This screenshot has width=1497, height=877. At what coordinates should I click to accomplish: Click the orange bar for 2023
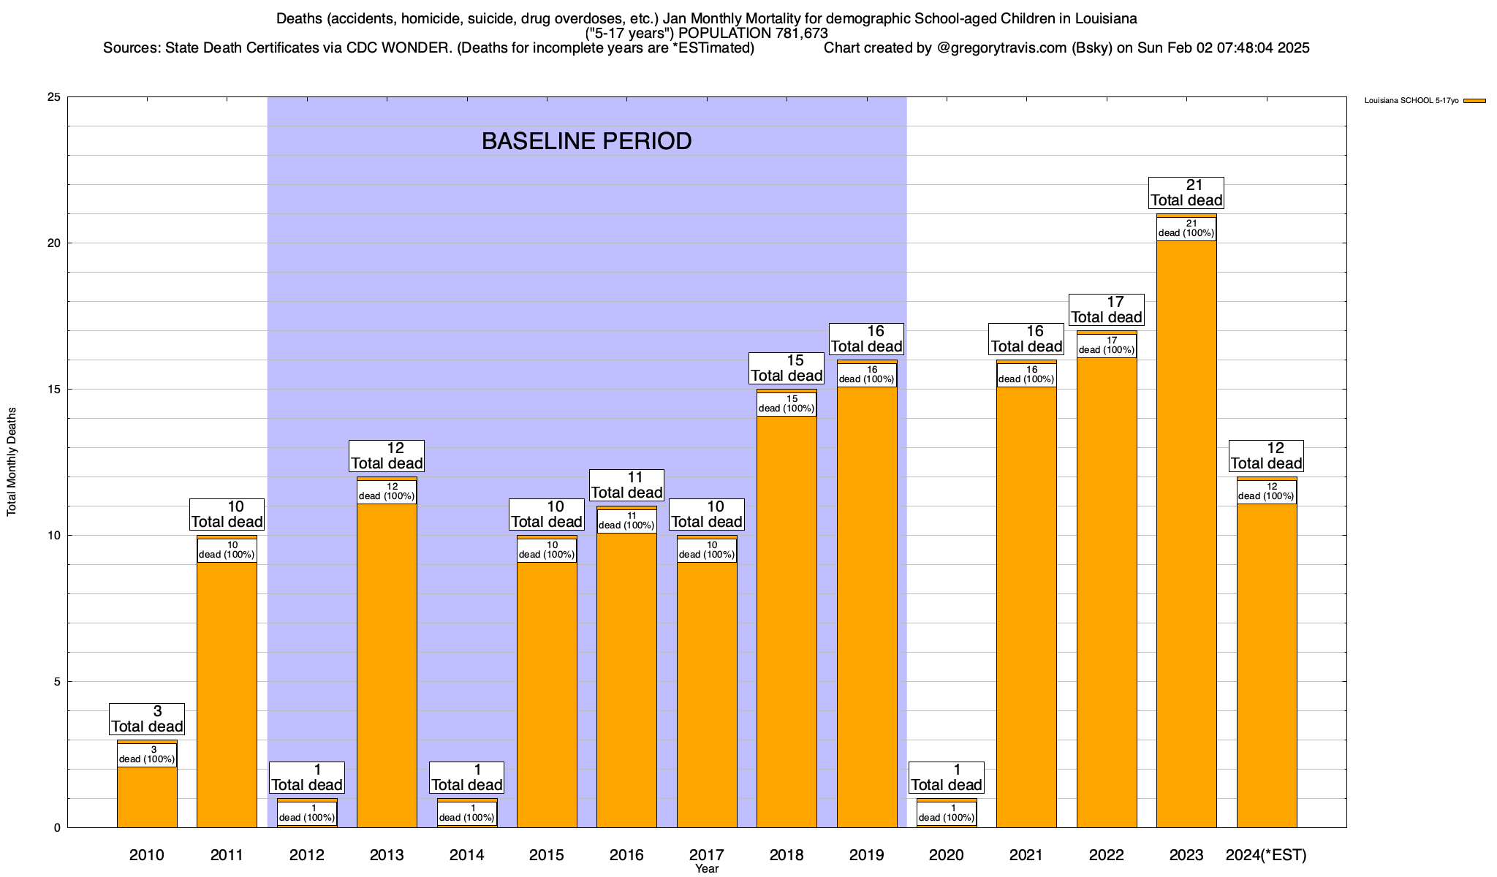click(1186, 534)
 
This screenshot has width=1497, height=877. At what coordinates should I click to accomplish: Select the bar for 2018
click(787, 621)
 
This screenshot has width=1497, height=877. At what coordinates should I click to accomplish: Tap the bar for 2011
click(227, 694)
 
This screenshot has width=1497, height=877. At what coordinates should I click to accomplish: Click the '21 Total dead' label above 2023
click(1186, 193)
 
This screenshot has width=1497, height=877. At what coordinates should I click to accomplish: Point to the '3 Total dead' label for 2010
click(147, 719)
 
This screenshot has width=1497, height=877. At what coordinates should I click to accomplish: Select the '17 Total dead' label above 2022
click(1106, 310)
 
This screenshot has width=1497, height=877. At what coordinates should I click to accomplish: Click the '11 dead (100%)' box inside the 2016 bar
click(626, 521)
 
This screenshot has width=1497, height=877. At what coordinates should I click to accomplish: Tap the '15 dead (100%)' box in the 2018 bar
click(787, 404)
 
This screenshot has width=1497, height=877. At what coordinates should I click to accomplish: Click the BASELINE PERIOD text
click(586, 141)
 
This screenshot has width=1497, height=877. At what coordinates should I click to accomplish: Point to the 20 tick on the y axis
click(54, 243)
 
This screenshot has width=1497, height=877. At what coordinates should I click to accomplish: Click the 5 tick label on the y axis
click(57, 682)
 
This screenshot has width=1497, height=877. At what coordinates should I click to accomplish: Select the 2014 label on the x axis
click(466, 855)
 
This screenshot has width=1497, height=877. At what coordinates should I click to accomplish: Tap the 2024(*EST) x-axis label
click(1266, 855)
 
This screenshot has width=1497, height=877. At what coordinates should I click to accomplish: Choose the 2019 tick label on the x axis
click(866, 855)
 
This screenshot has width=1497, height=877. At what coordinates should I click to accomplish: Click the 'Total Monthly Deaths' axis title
click(12, 462)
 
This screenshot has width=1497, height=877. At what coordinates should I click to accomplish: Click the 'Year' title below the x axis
click(707, 869)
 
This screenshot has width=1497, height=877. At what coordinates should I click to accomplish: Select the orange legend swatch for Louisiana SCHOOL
click(1475, 101)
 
